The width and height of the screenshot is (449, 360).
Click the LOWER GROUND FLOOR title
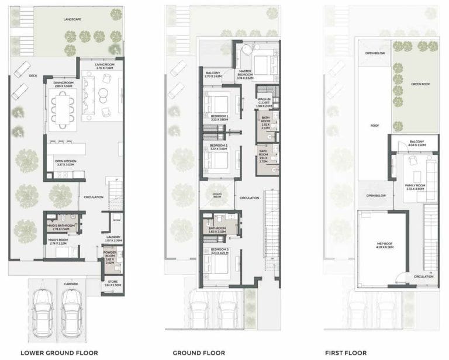point(56,352)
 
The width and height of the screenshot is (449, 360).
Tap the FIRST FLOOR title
point(346,352)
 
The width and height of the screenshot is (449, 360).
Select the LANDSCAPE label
point(72,19)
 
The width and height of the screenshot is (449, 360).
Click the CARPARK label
point(64,283)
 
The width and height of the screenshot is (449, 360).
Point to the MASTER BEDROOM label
point(245,73)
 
